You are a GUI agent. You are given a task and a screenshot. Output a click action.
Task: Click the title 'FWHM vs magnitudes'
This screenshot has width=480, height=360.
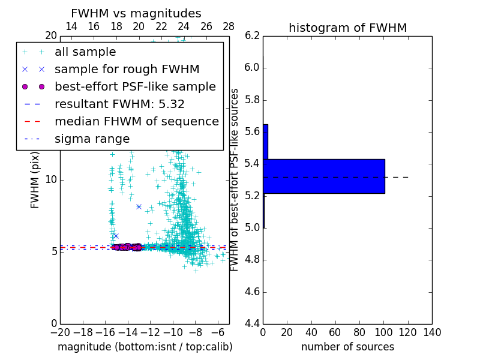coord(136,13)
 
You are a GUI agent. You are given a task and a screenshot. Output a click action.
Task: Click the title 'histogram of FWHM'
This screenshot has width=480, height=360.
coord(347,28)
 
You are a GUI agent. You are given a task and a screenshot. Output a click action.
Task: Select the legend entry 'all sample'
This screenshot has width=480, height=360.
coord(85,52)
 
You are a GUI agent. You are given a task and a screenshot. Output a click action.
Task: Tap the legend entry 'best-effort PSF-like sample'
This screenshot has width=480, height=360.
coord(135,86)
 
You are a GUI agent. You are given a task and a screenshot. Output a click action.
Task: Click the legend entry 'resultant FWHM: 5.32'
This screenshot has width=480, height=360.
coord(119,104)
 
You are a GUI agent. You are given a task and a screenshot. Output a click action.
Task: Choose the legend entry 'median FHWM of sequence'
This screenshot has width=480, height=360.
coord(136,121)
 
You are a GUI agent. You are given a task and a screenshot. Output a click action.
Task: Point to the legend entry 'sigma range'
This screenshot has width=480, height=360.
coord(92,139)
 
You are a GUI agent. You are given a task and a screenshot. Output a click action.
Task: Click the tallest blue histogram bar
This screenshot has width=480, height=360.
coord(324,176)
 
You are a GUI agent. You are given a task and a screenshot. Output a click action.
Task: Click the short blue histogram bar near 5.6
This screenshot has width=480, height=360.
coord(265,142)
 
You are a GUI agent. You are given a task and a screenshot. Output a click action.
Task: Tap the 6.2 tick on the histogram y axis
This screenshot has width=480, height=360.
coord(252,35)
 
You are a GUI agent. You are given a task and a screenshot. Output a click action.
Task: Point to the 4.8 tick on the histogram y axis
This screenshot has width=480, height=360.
coord(252,260)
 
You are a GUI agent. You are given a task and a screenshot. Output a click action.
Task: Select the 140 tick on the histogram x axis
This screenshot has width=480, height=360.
coord(432,332)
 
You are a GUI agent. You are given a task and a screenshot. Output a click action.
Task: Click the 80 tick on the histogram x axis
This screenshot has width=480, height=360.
coord(359,332)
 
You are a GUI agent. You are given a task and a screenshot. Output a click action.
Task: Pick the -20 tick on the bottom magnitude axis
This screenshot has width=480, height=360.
coord(60,332)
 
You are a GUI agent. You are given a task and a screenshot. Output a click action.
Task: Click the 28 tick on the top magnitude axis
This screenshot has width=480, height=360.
coord(229,26)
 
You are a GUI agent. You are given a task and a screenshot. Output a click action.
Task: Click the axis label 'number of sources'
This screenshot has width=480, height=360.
coord(347,347)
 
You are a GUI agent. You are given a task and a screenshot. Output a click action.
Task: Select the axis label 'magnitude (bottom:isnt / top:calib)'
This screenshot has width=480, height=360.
coord(145,347)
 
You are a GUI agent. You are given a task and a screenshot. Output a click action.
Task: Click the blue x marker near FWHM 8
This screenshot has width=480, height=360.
coord(139,206)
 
